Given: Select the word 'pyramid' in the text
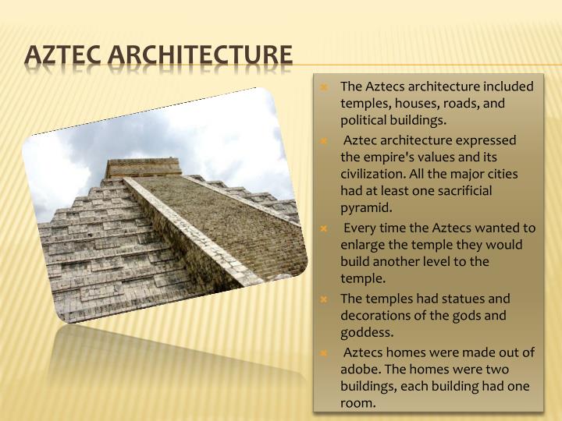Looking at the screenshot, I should (365, 208).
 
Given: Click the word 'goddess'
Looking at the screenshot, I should (364, 333).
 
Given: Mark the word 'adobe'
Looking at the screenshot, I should (359, 370).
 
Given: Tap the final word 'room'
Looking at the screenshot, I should (358, 404).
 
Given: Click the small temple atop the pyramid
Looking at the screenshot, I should (132, 168).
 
